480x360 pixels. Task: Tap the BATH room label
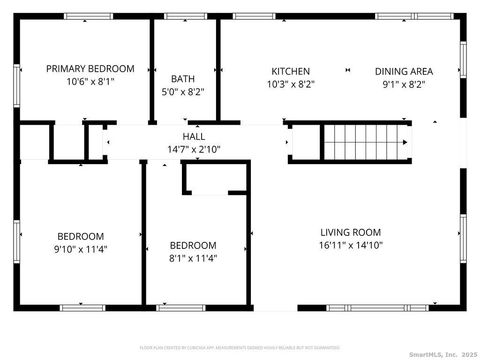pyautogui.click(x=182, y=78)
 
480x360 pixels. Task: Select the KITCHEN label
pyautogui.click(x=291, y=71)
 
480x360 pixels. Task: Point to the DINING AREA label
pyautogui.click(x=403, y=71)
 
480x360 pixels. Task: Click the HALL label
pyautogui.click(x=194, y=135)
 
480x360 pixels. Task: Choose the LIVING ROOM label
pyautogui.click(x=351, y=230)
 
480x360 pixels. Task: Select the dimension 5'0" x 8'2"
pyautogui.click(x=182, y=92)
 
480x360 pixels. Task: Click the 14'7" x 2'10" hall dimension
pyautogui.click(x=194, y=149)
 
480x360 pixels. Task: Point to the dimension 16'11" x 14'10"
pyautogui.click(x=351, y=244)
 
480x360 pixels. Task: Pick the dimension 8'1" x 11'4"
pyautogui.click(x=192, y=258)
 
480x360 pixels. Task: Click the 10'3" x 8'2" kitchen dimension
pyautogui.click(x=291, y=85)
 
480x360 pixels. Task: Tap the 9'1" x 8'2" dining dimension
pyautogui.click(x=403, y=85)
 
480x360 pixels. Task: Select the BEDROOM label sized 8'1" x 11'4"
pyautogui.click(x=192, y=245)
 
